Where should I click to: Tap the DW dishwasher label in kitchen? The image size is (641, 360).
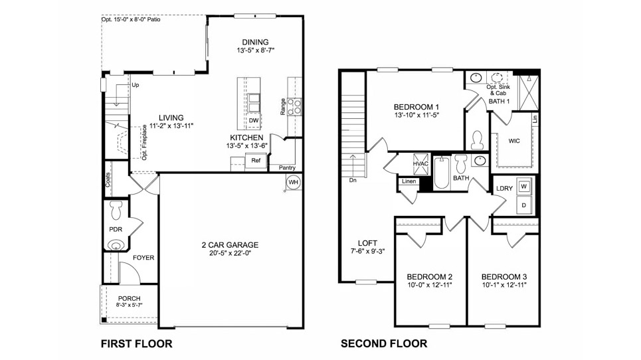[x=254, y=120]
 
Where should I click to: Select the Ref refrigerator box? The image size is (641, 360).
[x=255, y=160]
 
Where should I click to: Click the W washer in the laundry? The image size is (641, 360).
[x=524, y=187]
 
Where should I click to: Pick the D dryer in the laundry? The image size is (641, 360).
[x=524, y=205]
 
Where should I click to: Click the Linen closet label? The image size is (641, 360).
[x=409, y=181]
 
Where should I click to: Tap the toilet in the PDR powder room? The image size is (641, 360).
[x=116, y=209]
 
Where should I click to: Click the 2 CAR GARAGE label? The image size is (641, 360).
[x=230, y=245]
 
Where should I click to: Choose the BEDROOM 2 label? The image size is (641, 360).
[x=430, y=276]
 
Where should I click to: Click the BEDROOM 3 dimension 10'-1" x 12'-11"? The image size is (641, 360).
[x=504, y=285]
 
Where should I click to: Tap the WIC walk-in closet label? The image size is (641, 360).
[x=513, y=141]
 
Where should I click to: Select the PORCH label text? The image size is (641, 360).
[x=129, y=298]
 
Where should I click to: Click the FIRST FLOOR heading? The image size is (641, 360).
[x=136, y=343]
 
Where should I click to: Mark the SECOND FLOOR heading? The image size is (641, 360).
[x=383, y=343]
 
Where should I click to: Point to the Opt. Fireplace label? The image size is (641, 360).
[x=144, y=142]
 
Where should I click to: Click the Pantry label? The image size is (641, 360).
[x=287, y=168]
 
